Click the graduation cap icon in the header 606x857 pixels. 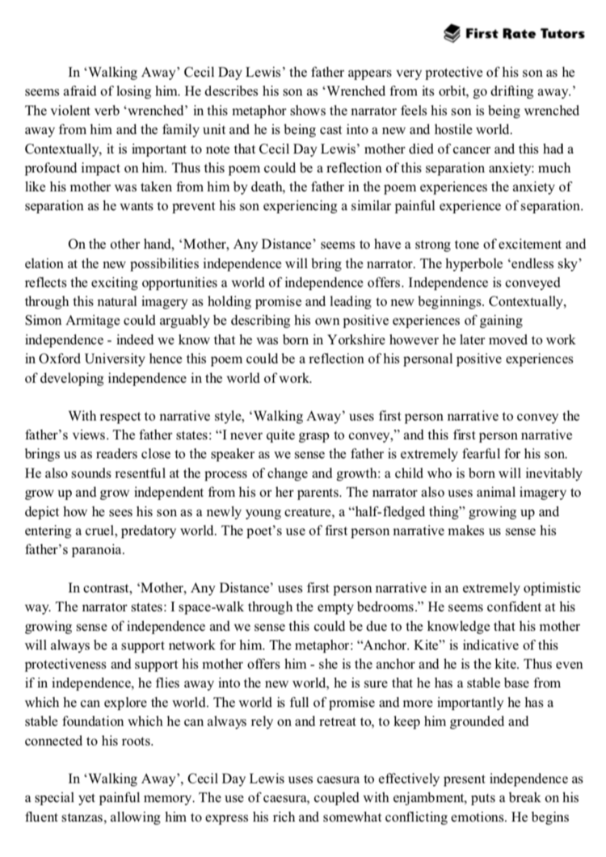[452, 32]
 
